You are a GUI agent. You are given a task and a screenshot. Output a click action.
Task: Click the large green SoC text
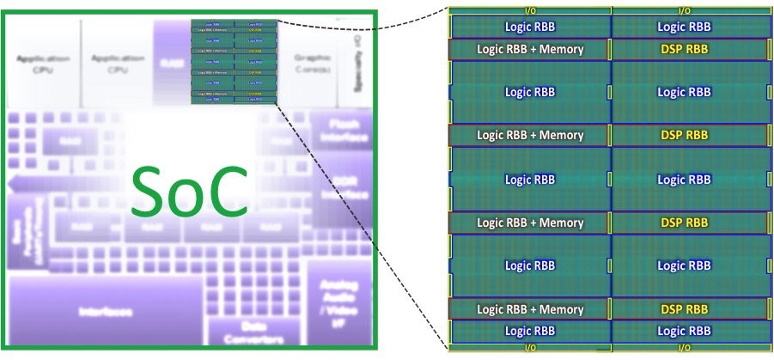click(x=190, y=190)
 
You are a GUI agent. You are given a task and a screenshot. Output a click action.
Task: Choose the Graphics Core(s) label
click(x=312, y=63)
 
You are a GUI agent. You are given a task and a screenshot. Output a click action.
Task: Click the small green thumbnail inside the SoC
click(x=235, y=60)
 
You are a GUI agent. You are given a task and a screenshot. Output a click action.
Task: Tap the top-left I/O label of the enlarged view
click(x=530, y=10)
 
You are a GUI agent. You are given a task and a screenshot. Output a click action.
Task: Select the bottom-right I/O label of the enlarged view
click(x=684, y=348)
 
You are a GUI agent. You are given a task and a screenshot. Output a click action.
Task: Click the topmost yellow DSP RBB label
click(x=684, y=49)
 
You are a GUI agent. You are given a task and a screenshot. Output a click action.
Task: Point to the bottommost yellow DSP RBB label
click(x=684, y=309)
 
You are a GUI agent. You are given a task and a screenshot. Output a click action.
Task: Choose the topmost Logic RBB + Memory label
click(x=530, y=49)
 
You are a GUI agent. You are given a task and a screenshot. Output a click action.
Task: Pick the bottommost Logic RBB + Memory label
click(x=530, y=309)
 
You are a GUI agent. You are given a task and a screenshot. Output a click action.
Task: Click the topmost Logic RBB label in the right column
click(x=684, y=27)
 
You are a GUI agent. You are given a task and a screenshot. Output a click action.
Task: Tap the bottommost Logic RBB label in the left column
click(x=530, y=331)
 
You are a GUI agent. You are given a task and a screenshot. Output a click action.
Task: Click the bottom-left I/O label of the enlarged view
click(x=530, y=348)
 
